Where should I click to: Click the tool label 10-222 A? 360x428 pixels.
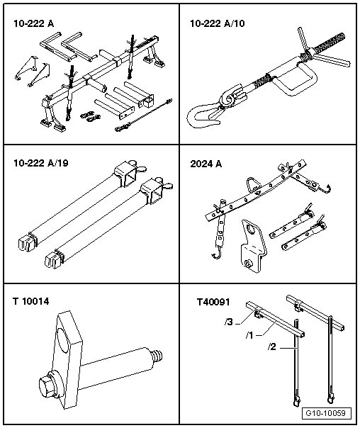point(34,24)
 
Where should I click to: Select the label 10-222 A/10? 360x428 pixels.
point(218,23)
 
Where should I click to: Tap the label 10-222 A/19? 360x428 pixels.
point(41,163)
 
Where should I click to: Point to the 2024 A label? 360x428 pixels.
point(206,164)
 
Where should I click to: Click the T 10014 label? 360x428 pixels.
point(31,301)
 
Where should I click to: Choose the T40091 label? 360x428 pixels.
point(213,302)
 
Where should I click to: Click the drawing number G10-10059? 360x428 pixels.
point(325,413)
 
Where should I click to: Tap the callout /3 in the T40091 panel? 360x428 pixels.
point(229,322)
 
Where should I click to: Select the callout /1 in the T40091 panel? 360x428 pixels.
point(249,335)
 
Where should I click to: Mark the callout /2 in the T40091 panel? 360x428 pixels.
point(272,347)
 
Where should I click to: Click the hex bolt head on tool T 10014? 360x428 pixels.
point(47,385)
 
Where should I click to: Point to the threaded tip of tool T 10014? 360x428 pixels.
point(157,357)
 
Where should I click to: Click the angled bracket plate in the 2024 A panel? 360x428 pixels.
point(253,246)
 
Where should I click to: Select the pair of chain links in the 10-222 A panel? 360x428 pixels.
point(91,116)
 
